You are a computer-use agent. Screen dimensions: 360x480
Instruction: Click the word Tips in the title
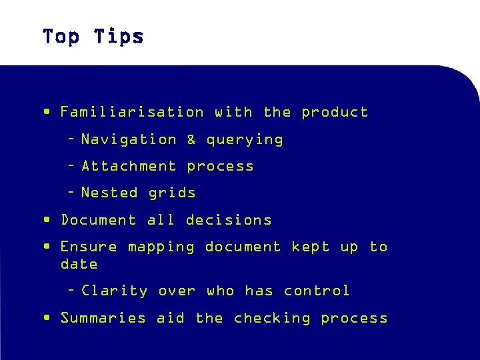(119, 36)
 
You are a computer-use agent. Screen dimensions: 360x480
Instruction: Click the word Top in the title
(61, 36)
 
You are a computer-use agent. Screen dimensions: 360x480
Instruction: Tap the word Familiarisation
(132, 112)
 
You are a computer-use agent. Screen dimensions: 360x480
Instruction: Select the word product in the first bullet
(335, 112)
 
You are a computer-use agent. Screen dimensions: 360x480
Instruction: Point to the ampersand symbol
(191, 139)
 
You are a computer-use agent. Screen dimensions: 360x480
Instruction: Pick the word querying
(244, 140)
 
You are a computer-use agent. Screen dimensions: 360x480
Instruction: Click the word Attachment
(129, 166)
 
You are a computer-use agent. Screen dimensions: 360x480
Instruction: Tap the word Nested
(109, 193)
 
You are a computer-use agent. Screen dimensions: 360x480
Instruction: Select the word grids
(172, 193)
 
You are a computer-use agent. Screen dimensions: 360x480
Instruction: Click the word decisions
(229, 220)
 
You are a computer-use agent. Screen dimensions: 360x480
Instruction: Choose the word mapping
(161, 247)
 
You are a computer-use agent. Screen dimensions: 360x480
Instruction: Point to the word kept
(311, 247)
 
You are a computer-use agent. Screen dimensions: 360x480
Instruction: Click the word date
(79, 264)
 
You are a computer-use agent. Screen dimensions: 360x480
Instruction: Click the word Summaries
(103, 318)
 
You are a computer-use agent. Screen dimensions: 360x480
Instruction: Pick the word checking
(272, 319)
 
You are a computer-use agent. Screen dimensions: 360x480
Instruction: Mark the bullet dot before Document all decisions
(46, 219)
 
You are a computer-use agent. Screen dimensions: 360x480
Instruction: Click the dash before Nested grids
(71, 193)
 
